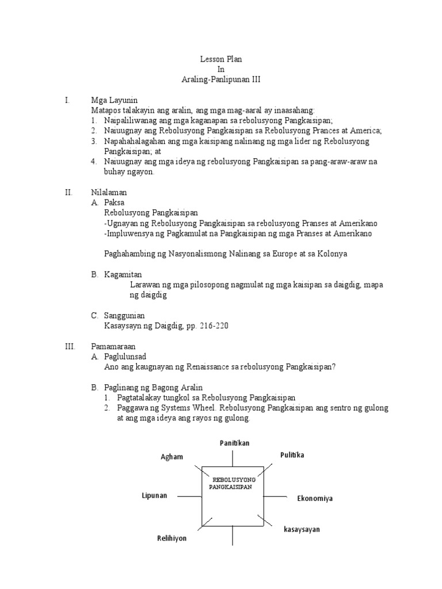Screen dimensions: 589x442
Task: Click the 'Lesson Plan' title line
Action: pos(221,59)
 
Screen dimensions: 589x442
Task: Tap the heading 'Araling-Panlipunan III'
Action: pos(221,80)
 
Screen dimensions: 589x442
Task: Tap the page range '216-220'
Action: pos(216,326)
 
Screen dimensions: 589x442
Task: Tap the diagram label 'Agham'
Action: pos(172,457)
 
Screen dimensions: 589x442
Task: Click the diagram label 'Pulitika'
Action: pos(292,455)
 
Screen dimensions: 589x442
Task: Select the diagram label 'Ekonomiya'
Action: pos(315,498)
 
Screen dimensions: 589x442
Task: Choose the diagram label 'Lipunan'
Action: pos(155,495)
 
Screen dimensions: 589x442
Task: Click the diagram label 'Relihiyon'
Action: pos(172,539)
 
